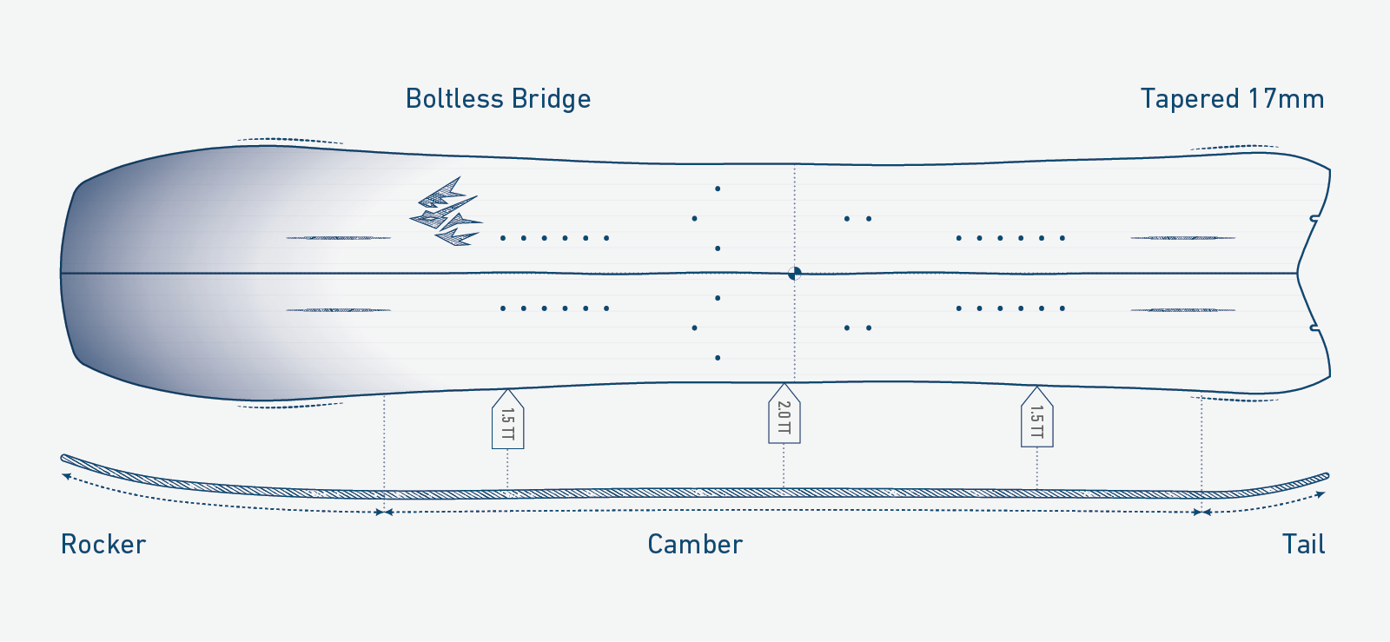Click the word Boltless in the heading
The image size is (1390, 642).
454,99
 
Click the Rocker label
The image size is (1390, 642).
103,544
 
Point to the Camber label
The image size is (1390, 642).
695,544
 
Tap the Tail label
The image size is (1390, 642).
1303,544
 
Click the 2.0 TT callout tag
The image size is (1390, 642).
784,414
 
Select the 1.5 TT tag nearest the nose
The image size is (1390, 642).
507,420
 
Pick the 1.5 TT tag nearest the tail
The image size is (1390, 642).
1037,417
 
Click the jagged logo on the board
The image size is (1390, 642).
447,211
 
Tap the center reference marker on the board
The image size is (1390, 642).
794,273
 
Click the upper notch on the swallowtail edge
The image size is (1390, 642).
1314,218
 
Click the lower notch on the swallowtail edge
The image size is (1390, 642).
1314,328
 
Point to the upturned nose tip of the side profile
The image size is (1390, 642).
63,458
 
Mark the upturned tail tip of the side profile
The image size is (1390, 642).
1326,476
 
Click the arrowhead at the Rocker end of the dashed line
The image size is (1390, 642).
65,476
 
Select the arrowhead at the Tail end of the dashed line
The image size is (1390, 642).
1321,494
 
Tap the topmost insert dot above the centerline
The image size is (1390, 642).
718,189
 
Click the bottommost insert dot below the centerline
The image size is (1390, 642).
718,358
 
